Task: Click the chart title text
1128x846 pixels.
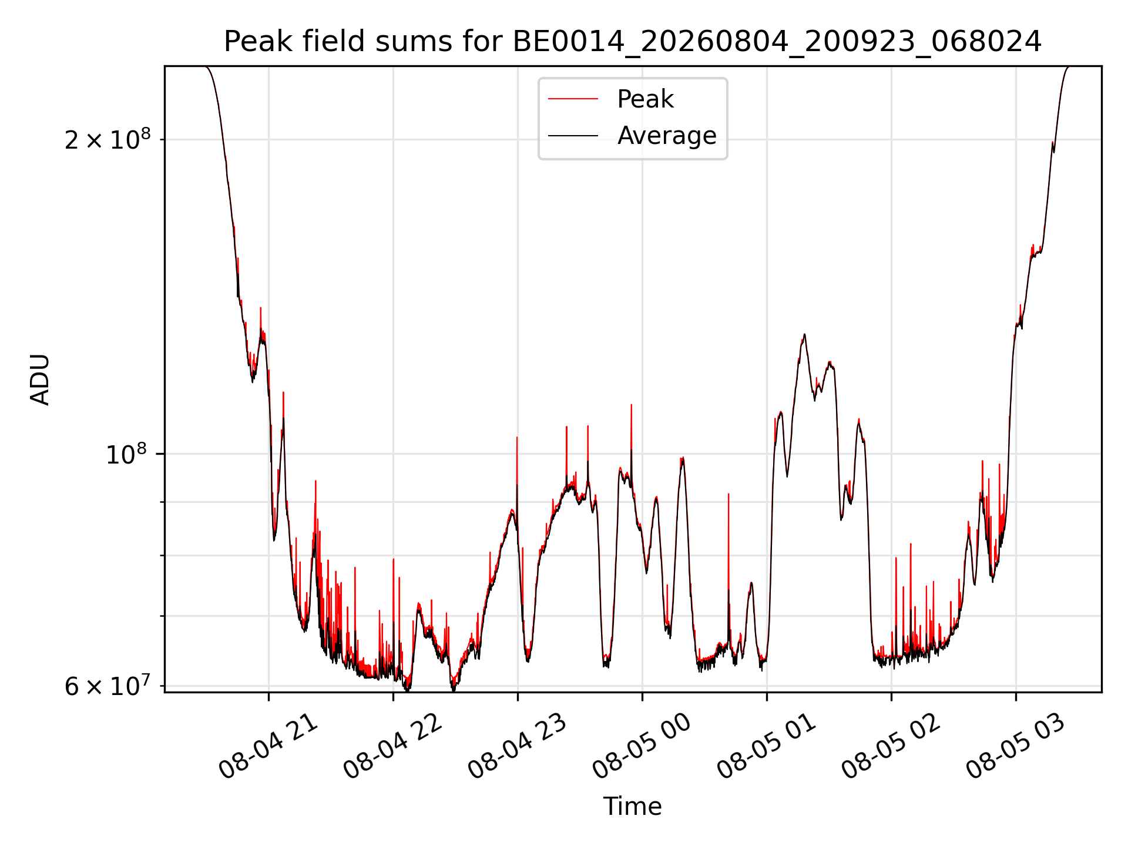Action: (633, 42)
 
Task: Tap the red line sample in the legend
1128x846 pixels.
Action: (573, 99)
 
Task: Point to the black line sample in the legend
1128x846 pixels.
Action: (573, 136)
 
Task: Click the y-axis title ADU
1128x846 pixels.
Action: (40, 380)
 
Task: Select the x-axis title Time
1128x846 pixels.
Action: (633, 807)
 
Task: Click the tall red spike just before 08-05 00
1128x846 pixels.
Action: (632, 429)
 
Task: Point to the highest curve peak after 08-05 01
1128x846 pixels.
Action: (804, 335)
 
